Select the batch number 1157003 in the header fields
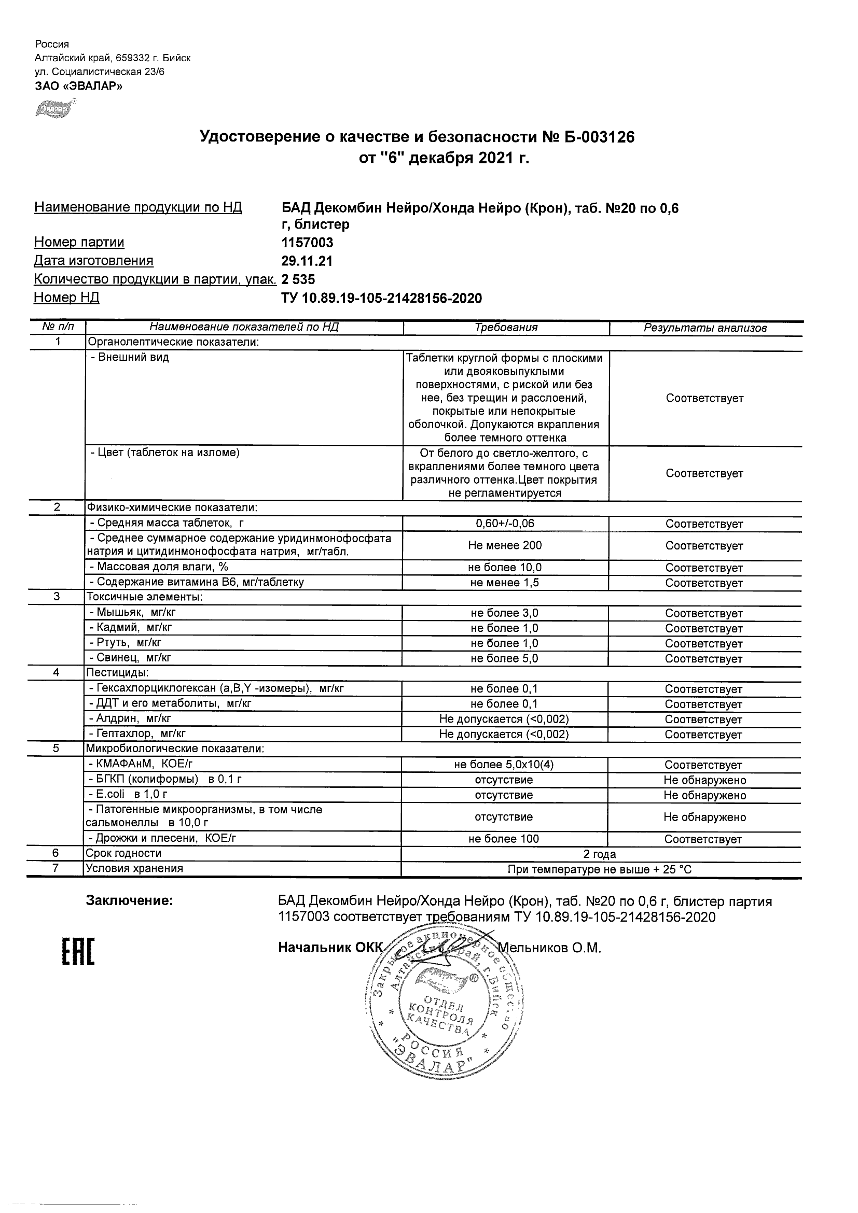coord(307,243)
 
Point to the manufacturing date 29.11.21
coord(307,261)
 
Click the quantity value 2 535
coord(298,279)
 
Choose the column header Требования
coord(506,328)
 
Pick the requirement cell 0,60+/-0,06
coord(505,524)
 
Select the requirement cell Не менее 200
coord(505,545)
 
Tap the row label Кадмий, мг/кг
coord(131,628)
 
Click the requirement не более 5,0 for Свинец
coord(504,658)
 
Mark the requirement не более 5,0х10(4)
coord(504,765)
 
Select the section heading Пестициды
coord(117,672)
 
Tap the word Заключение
coord(130,901)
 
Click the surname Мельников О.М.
coord(550,948)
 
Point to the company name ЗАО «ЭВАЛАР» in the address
coord(79,86)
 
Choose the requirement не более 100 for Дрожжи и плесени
coord(504,839)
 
